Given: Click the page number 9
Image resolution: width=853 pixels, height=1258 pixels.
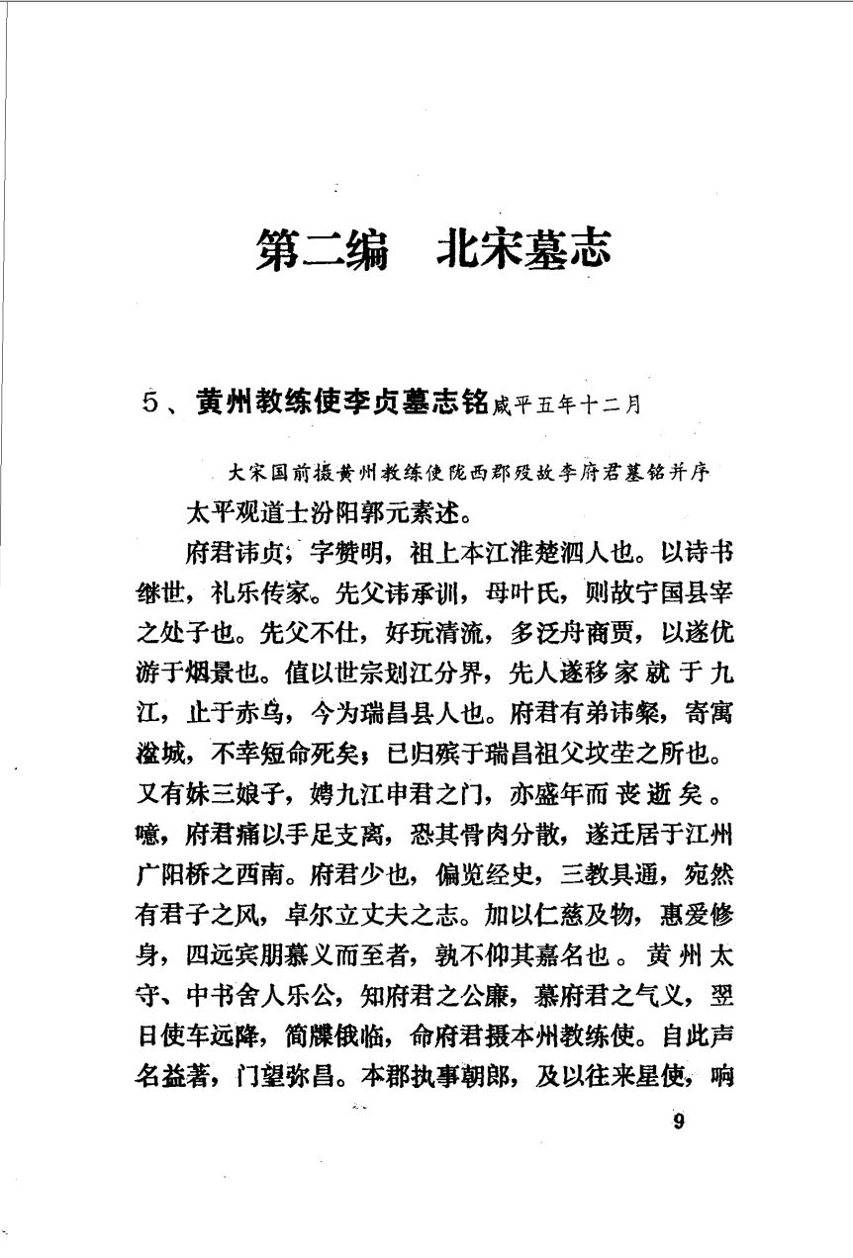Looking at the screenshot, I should pyautogui.click(x=678, y=1121).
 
